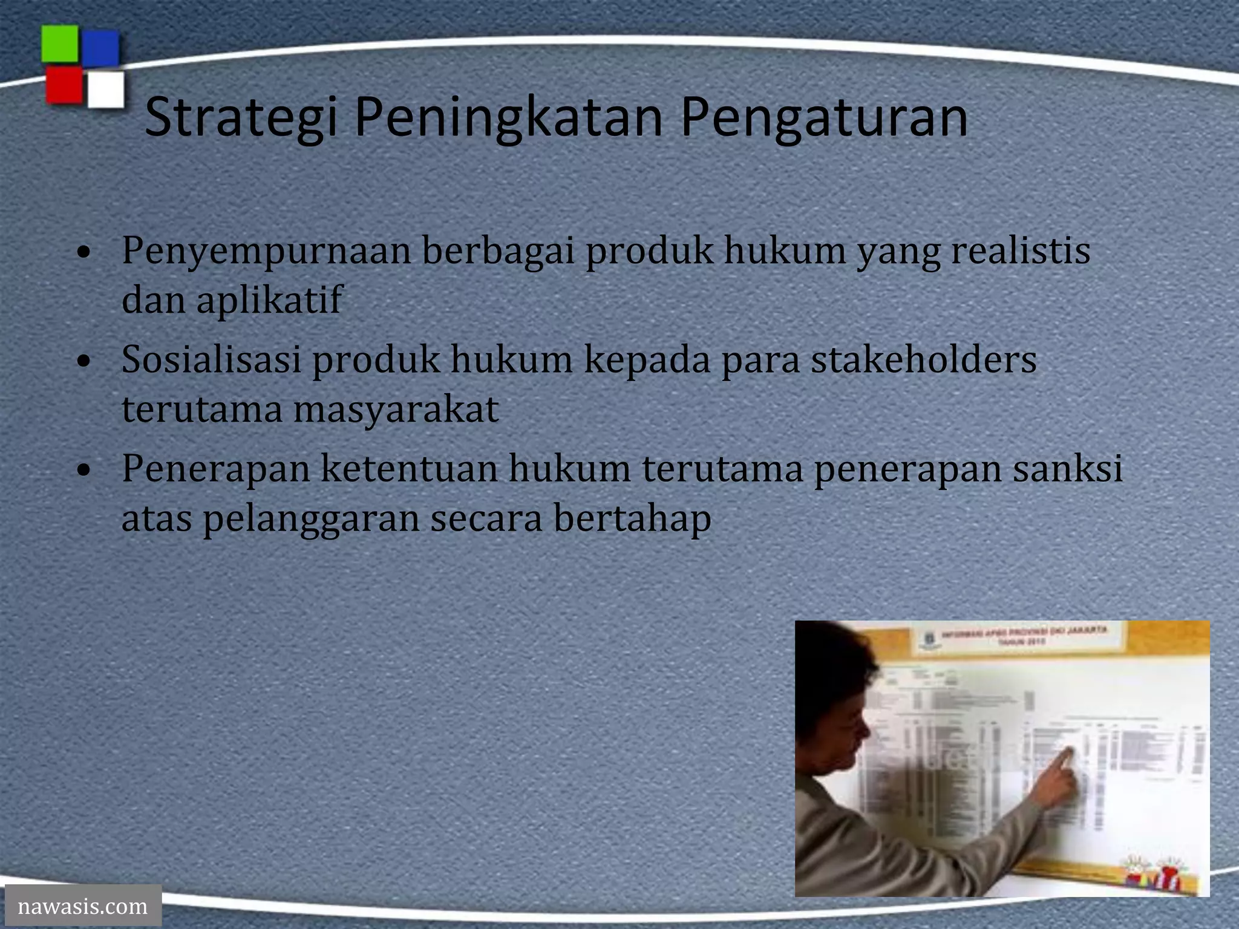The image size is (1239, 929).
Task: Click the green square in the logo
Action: [59, 44]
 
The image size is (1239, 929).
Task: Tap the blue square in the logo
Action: [100, 48]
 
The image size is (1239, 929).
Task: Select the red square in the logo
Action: [64, 85]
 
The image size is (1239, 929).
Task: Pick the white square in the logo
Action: [106, 90]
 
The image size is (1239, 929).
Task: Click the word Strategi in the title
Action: [241, 117]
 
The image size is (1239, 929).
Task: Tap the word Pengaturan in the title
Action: [824, 117]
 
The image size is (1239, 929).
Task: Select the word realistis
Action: [1021, 250]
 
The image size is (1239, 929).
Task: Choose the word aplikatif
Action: [269, 301]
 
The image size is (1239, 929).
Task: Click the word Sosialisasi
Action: [211, 359]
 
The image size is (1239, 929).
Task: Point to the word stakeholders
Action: [924, 359]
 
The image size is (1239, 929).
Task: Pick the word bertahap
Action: [632, 519]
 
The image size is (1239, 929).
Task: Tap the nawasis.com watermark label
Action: [83, 906]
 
